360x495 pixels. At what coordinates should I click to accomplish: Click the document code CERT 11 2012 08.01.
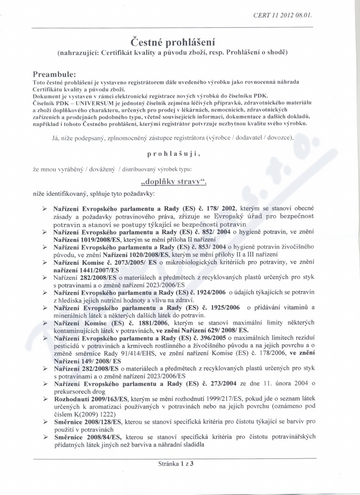[283, 15]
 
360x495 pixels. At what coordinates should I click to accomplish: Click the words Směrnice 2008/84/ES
[88, 436]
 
